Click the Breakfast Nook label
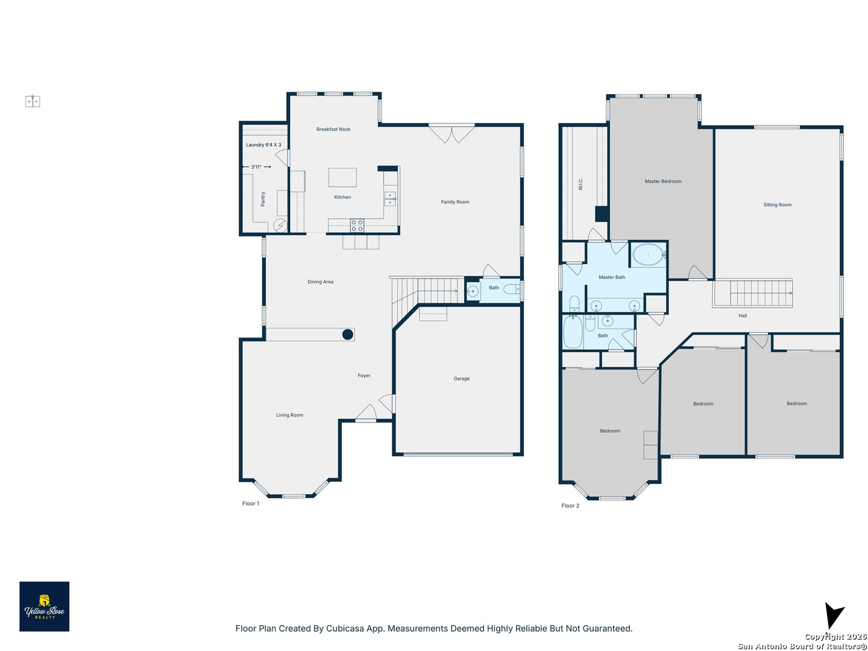point(333,129)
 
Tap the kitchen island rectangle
point(342,177)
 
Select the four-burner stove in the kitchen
point(357,225)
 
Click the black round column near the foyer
point(348,335)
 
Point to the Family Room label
point(455,202)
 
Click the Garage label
point(462,379)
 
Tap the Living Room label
point(289,415)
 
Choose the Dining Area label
point(320,282)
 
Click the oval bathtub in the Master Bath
point(648,254)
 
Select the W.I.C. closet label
point(580,184)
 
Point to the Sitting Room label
point(778,205)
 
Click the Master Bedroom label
point(663,181)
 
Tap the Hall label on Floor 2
point(743,315)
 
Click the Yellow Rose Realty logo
point(44,606)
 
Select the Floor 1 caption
point(251,503)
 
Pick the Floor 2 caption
point(570,506)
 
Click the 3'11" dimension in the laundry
point(256,167)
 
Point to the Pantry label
point(263,199)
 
